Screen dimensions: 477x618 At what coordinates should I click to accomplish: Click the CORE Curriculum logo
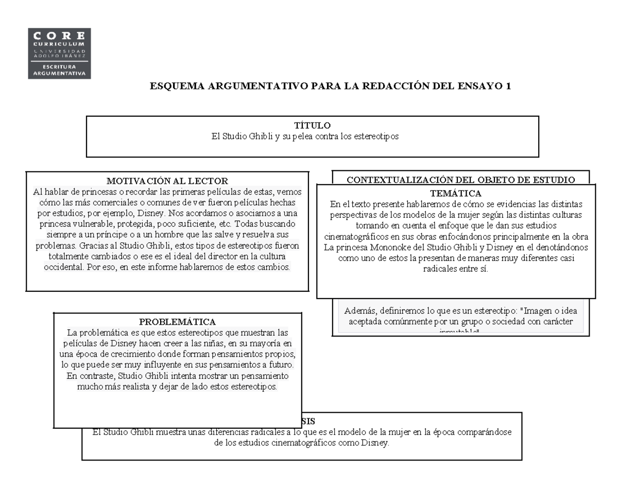point(60,54)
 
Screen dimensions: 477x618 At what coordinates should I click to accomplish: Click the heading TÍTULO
point(312,126)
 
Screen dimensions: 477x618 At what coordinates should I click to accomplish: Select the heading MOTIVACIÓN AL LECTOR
point(167,181)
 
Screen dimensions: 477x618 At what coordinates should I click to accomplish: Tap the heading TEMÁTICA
point(455,193)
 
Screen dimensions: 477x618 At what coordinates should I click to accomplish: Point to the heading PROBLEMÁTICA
point(177,322)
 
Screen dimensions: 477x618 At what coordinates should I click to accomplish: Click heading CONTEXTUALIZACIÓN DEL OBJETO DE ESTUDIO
point(460,180)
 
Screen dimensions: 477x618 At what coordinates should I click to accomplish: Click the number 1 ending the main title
point(508,86)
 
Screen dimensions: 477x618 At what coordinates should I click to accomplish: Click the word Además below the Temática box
point(360,311)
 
